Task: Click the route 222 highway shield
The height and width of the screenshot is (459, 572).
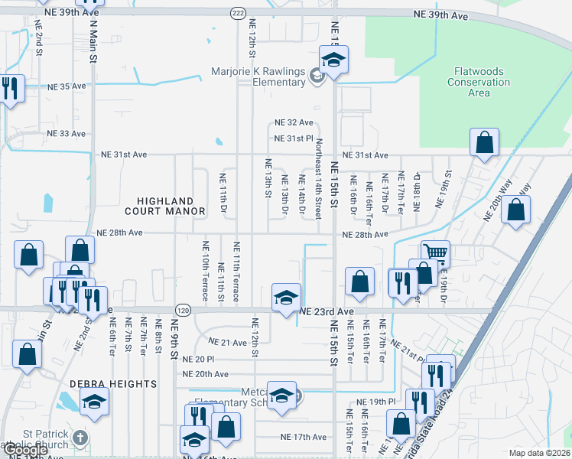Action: [x=239, y=12]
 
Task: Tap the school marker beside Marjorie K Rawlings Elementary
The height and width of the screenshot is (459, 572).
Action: [x=332, y=60]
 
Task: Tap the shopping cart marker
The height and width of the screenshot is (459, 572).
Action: [x=435, y=252]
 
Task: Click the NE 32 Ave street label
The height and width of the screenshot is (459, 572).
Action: [x=294, y=122]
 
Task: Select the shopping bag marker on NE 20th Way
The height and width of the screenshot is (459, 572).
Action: [x=517, y=210]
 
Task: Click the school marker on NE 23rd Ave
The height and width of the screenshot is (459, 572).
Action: [x=286, y=298]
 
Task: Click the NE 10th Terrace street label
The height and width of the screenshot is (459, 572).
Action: [x=205, y=262]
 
